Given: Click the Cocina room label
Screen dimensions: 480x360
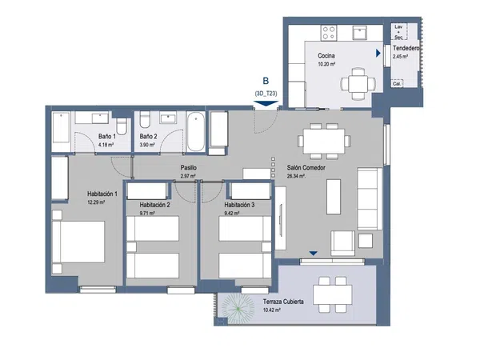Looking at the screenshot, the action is tap(326, 56).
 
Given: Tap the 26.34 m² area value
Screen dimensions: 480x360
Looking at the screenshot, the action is tap(296, 176).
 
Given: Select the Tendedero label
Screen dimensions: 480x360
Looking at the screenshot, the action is tap(406, 48).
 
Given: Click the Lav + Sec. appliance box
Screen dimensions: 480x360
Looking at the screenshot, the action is tap(398, 32).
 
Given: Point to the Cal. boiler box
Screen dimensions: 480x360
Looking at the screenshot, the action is tap(397, 83).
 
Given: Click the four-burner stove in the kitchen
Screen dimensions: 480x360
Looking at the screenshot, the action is tap(329, 33).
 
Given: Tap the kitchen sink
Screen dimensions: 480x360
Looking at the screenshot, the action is tap(359, 33).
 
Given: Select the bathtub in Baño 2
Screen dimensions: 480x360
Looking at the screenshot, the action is tap(196, 132).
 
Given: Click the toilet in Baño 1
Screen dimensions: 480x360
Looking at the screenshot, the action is tap(122, 126).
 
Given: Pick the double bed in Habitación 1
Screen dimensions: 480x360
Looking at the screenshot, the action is tap(78, 242).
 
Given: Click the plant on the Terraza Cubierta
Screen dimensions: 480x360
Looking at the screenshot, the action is tap(238, 308).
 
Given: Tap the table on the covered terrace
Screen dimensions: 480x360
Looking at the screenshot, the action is tap(332, 294).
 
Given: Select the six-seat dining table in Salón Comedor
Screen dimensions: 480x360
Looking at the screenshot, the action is tap(324, 141).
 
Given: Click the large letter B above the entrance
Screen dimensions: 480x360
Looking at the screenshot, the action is tap(266, 81).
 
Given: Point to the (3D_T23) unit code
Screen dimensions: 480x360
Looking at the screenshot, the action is tap(266, 94).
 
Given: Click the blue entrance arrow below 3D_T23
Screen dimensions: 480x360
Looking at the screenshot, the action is tap(266, 104).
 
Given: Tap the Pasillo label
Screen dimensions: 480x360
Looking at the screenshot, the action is tap(188, 168).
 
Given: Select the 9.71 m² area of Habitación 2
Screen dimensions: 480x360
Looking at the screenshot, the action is tap(147, 214).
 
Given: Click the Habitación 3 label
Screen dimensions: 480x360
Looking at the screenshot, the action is tap(239, 205).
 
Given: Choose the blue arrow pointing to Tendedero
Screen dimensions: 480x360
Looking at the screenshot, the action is tap(378, 54).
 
